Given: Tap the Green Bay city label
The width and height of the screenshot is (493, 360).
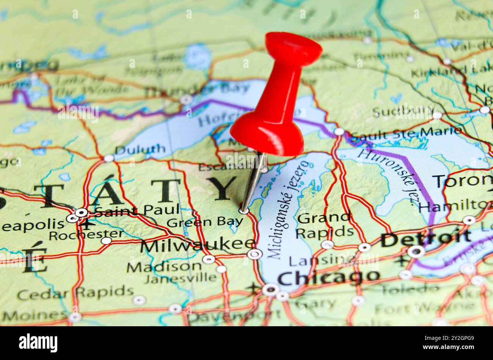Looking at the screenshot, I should [x=205, y=222].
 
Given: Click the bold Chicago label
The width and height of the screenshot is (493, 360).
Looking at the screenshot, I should [x=328, y=277].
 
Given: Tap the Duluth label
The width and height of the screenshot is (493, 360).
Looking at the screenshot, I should [x=140, y=149].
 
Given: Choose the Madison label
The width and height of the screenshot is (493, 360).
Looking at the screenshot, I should [x=164, y=267].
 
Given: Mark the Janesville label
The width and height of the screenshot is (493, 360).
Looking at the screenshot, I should [x=180, y=278].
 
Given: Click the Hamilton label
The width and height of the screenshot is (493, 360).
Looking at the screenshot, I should [x=455, y=207].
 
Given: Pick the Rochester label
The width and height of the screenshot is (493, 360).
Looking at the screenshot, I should [x=86, y=235].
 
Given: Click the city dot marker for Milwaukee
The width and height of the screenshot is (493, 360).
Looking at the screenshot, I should [x=254, y=254].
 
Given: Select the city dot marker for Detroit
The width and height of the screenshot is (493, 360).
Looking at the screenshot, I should [x=416, y=251].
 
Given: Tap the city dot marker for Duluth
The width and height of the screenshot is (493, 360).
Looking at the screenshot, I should [x=109, y=158].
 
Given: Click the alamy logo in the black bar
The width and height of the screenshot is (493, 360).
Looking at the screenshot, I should [x=38, y=343].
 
